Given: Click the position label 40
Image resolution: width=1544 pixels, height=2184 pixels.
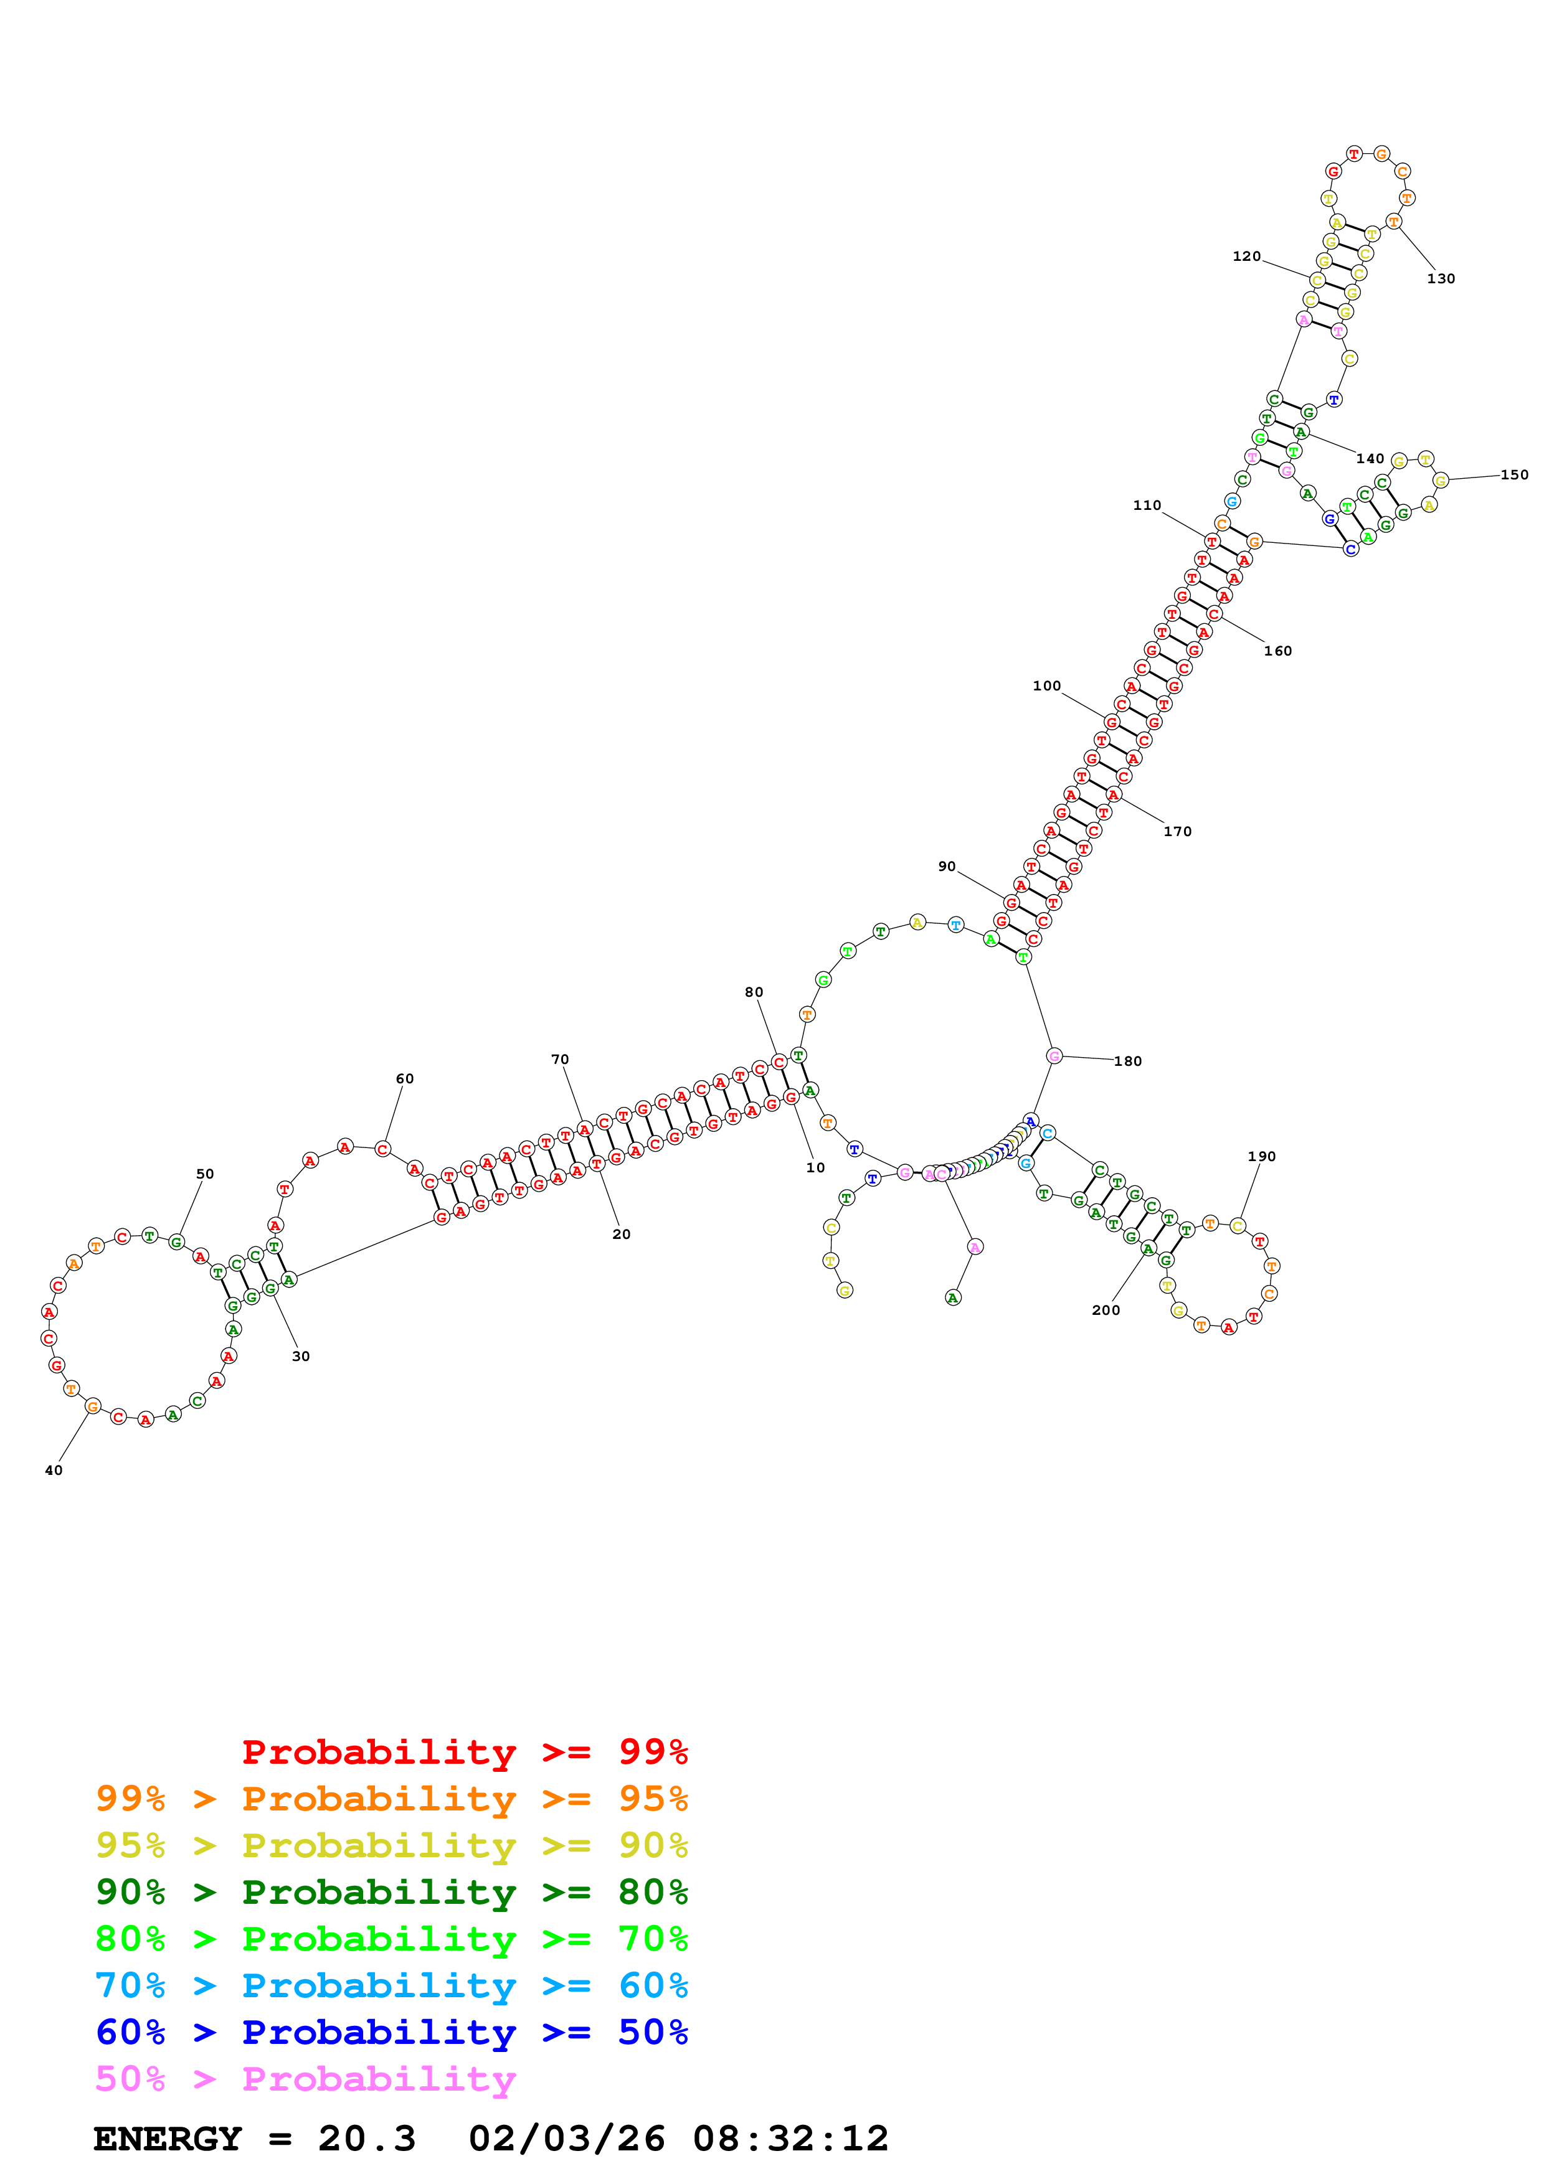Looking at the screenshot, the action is (54, 1471).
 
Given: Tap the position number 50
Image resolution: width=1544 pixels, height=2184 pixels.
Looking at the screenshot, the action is (204, 1174).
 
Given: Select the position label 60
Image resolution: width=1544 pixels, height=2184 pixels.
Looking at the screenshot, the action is (404, 1079).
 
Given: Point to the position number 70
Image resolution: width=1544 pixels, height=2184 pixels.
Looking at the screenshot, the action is (559, 1059).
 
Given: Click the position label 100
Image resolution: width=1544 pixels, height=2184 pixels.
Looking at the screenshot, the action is (1046, 686).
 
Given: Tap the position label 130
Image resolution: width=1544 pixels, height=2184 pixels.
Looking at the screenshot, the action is (1441, 279).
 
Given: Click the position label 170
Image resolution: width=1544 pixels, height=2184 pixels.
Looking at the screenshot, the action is (1177, 831).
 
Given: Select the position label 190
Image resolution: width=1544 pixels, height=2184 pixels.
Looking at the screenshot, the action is (1261, 1157).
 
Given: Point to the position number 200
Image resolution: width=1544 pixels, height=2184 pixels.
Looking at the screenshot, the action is (1106, 1310).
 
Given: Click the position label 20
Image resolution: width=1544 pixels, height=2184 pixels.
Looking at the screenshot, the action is (621, 1234).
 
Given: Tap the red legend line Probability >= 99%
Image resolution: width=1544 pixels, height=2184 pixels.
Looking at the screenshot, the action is (464, 1751).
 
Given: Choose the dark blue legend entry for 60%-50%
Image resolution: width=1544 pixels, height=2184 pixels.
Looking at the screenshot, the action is (391, 2032).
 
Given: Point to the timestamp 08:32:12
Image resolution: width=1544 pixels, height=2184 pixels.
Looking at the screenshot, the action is (790, 2139).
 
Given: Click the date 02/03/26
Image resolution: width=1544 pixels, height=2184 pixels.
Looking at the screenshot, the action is (566, 2139).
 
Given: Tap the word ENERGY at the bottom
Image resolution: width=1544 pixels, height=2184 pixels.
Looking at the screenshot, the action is (168, 2139).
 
